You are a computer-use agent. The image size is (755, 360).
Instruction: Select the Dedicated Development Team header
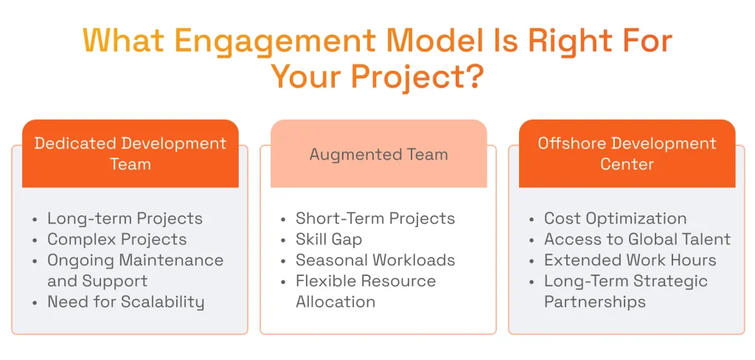131,153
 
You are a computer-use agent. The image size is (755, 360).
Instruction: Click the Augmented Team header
378,154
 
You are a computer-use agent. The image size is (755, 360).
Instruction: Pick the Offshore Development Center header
627,153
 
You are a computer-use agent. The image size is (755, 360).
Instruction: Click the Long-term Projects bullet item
125,218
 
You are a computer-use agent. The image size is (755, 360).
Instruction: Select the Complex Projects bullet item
116,239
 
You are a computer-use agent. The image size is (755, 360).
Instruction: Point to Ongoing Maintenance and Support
134,270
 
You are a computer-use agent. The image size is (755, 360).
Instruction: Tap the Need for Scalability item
125,302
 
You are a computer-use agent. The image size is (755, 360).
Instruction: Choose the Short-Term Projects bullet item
375,218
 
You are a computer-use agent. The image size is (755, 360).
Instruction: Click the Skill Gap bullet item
329,239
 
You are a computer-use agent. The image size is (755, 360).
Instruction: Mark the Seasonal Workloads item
375,260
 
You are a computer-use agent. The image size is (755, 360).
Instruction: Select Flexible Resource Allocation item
365,291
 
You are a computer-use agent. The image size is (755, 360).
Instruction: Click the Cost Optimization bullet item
615,218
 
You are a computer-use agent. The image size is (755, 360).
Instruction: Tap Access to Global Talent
637,239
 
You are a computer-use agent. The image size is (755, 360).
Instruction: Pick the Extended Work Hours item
630,260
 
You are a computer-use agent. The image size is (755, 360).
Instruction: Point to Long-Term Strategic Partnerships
625,291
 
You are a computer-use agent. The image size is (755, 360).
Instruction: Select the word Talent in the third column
704,239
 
